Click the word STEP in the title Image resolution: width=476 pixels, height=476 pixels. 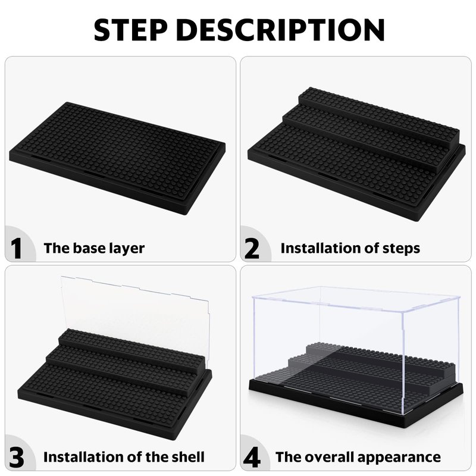[x=131, y=30]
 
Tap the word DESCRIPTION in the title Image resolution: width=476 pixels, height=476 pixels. [x=280, y=30]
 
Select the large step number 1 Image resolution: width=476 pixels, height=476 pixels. [x=16, y=248]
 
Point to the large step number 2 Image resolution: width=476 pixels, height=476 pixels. [x=252, y=248]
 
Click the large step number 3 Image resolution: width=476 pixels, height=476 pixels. [x=17, y=457]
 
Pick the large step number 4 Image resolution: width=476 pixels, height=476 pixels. [x=252, y=457]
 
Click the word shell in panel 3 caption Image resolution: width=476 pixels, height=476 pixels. [x=188, y=457]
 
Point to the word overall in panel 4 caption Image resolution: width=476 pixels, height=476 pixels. [x=326, y=457]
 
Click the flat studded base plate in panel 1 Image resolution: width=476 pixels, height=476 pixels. [x=117, y=158]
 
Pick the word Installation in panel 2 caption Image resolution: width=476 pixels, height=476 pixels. [x=320, y=248]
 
